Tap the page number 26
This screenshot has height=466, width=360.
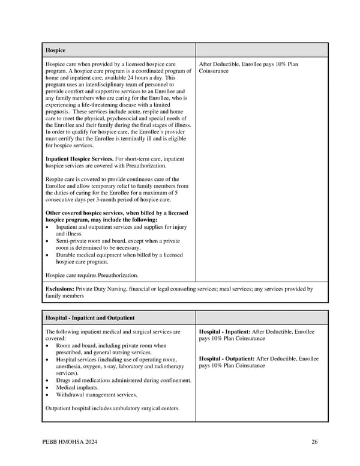pos(314,443)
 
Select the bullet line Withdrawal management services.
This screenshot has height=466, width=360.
pos(96,395)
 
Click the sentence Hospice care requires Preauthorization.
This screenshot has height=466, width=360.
pos(92,275)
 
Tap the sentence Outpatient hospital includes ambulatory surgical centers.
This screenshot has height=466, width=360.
pos(112,408)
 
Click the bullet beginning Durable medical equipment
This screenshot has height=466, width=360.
pos(119,255)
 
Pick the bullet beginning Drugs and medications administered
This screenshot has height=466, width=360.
pos(124,380)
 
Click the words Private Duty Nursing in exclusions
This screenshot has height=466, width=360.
pos(103,289)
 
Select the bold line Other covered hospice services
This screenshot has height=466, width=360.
pos(116,213)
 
